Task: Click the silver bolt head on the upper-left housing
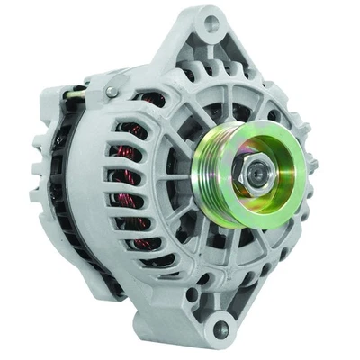(x=110, y=91)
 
